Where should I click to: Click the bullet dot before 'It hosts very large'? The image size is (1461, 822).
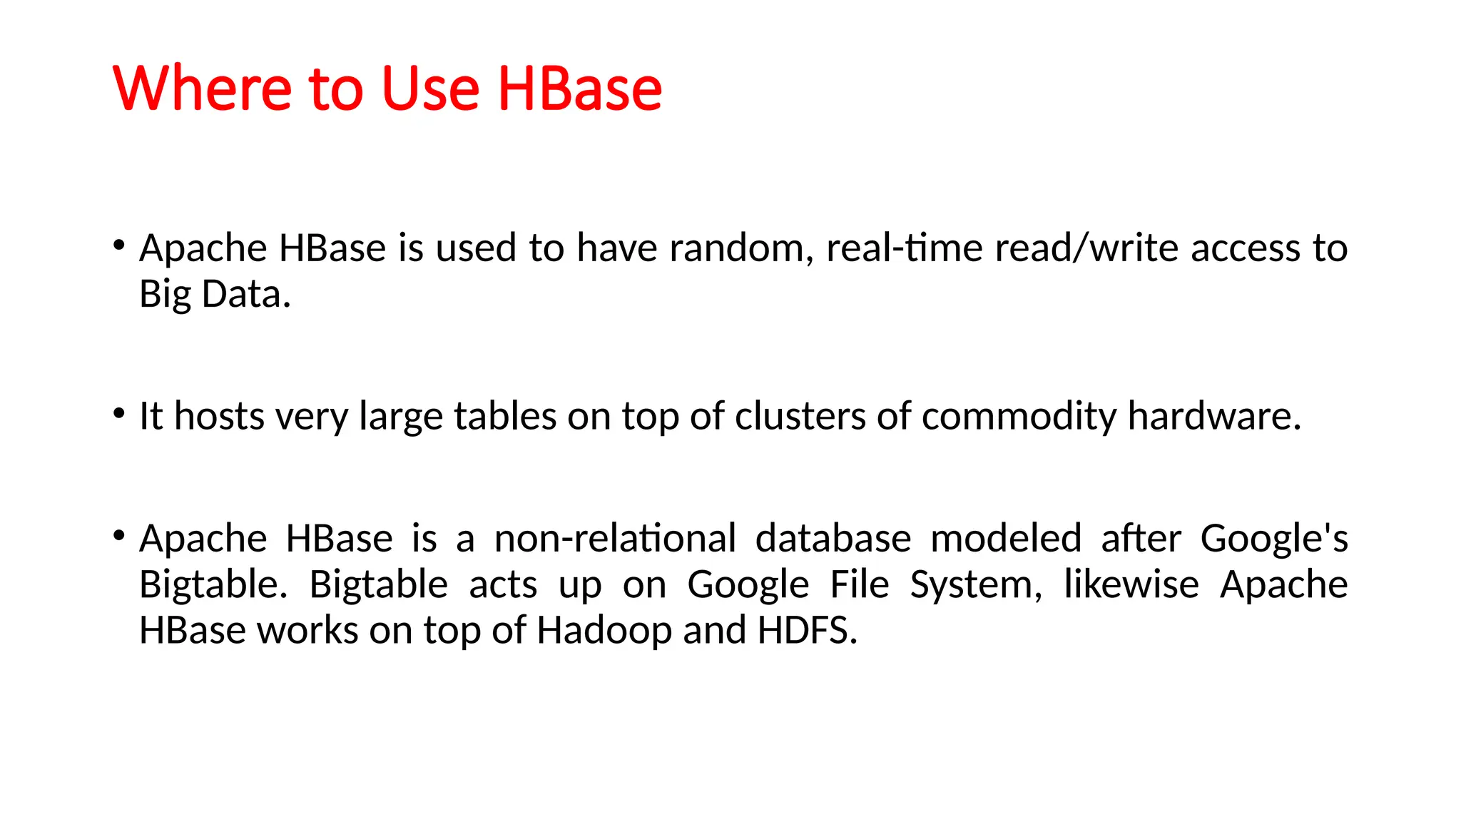coord(119,413)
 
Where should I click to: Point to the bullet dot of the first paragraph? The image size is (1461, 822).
coord(119,245)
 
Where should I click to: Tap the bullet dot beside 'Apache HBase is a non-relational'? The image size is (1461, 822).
coord(119,535)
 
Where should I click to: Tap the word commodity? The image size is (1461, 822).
coord(1019,416)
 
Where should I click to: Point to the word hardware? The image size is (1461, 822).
coord(1214,416)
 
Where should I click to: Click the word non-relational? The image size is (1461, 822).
coord(615,538)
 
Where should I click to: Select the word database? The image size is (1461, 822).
coord(833,538)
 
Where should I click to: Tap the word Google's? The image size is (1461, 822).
coord(1274,538)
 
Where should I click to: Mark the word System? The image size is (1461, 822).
coord(975,585)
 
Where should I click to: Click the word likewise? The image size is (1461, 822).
coord(1131,584)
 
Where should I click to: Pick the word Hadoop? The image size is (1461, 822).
coord(604,631)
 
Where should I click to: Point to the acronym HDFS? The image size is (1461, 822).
coord(807,631)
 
